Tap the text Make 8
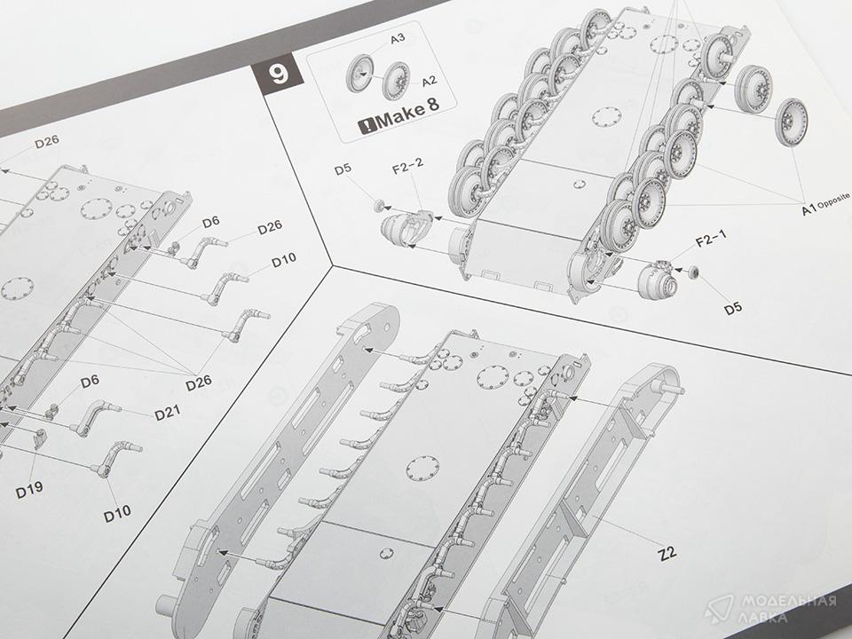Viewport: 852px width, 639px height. click(407, 113)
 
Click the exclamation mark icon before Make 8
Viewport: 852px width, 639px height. click(367, 126)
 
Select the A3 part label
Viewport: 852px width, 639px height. click(398, 38)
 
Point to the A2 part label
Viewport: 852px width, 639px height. click(429, 81)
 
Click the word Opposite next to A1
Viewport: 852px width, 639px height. click(834, 201)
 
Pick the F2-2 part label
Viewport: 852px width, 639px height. click(407, 166)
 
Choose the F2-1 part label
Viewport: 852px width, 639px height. click(711, 239)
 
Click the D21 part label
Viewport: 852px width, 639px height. click(168, 414)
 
